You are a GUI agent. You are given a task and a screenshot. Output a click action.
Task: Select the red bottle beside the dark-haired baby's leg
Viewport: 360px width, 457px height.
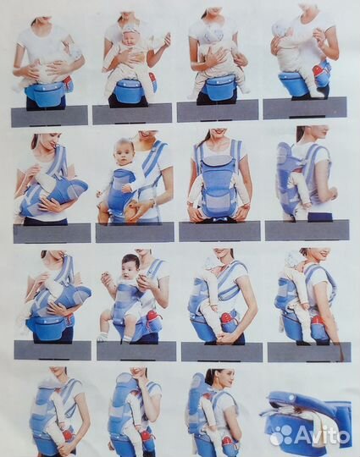(152, 317)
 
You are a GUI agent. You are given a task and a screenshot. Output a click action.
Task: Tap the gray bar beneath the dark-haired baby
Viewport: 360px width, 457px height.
(136, 351)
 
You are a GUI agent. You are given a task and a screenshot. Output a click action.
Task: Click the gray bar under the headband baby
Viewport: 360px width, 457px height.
(132, 114)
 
